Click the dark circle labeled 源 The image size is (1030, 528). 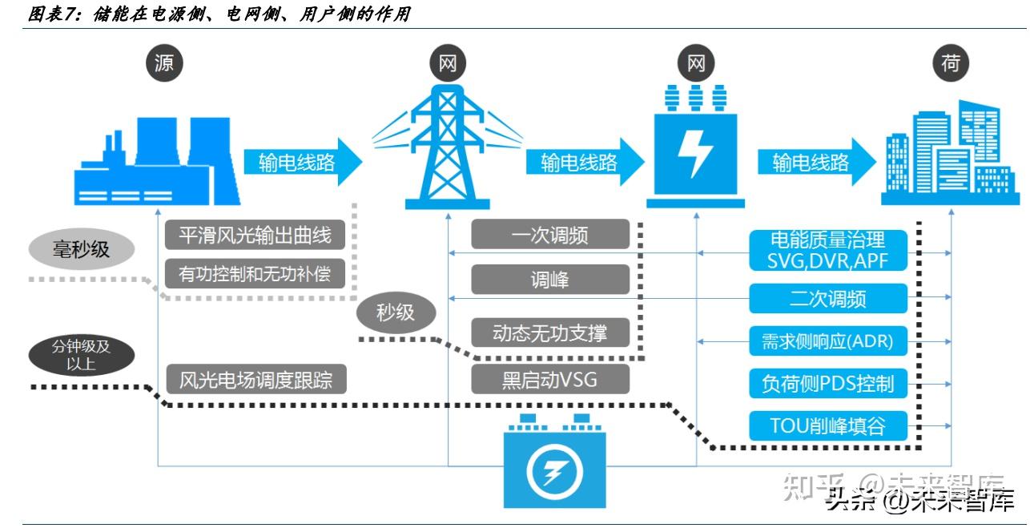coord(164,63)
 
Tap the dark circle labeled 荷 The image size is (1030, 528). coord(951,63)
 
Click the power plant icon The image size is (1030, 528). coord(157,161)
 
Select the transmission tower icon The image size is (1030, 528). coord(447,147)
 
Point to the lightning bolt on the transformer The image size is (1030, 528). coord(695,153)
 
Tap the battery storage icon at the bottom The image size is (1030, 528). coord(554,461)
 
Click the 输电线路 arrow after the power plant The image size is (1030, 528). coord(303,162)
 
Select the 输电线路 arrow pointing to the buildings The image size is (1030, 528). coord(817,162)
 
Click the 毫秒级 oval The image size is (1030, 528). coord(82,249)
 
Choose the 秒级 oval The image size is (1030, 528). coord(396,312)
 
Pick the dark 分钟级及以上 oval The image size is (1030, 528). coord(82,355)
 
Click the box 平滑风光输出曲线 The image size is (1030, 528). coord(255,235)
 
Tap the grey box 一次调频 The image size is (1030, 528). coord(550,234)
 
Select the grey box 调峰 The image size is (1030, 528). coord(550,279)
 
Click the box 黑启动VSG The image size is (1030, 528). coord(550,380)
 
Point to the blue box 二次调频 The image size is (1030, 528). coord(828,299)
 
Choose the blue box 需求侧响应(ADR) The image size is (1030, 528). coord(828,341)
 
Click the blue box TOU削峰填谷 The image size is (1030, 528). coord(828,426)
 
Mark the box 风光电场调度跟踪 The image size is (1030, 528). coord(256,380)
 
